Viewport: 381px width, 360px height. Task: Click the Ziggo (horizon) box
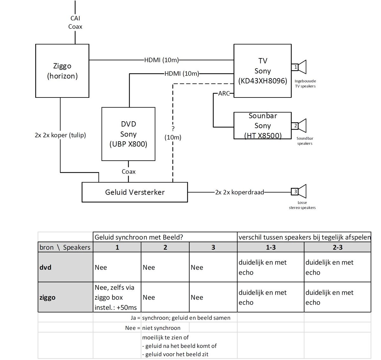coord(62,71)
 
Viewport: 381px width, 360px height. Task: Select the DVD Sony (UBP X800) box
coord(128,134)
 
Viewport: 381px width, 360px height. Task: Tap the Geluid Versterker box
coord(135,192)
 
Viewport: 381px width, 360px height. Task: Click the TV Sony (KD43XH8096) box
coord(262,71)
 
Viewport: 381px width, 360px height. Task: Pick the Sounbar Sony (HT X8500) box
coord(262,126)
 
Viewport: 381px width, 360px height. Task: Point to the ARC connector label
coord(224,94)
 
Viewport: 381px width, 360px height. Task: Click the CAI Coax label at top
coord(75,23)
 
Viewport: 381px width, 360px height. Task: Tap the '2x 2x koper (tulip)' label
coord(60,135)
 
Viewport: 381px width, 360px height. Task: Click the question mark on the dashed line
coord(173,129)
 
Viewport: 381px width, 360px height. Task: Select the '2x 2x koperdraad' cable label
coord(239,192)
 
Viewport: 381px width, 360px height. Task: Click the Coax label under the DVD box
coord(129,172)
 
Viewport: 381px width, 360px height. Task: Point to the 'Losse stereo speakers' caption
coord(302,205)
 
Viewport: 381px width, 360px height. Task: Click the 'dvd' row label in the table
coord(45,267)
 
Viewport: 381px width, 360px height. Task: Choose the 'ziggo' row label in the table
coord(47,297)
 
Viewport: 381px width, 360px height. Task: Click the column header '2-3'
coord(337,247)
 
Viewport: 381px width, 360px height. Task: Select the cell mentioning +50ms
coord(117,297)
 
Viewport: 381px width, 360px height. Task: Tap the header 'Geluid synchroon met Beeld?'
coord(139,237)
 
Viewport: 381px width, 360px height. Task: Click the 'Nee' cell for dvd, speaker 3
coord(197,267)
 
